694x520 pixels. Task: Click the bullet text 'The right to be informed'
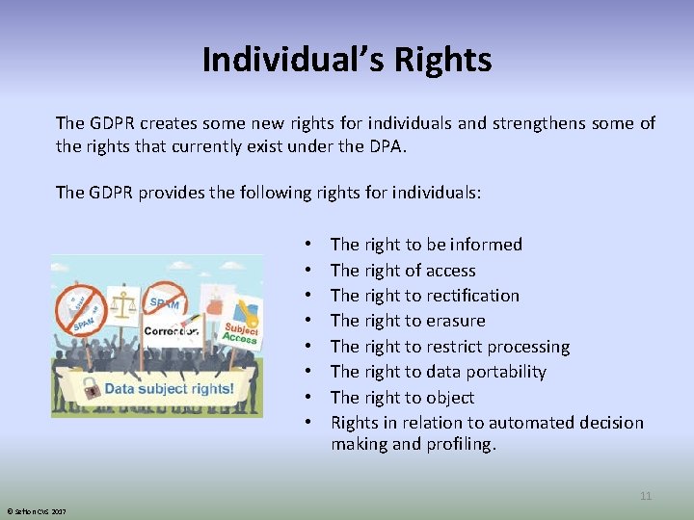point(426,245)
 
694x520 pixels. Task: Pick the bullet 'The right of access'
point(403,271)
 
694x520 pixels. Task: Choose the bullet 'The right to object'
point(402,397)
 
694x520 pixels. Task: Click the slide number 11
point(646,496)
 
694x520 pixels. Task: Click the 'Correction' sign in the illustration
point(171,331)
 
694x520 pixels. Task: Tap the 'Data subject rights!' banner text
point(169,389)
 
